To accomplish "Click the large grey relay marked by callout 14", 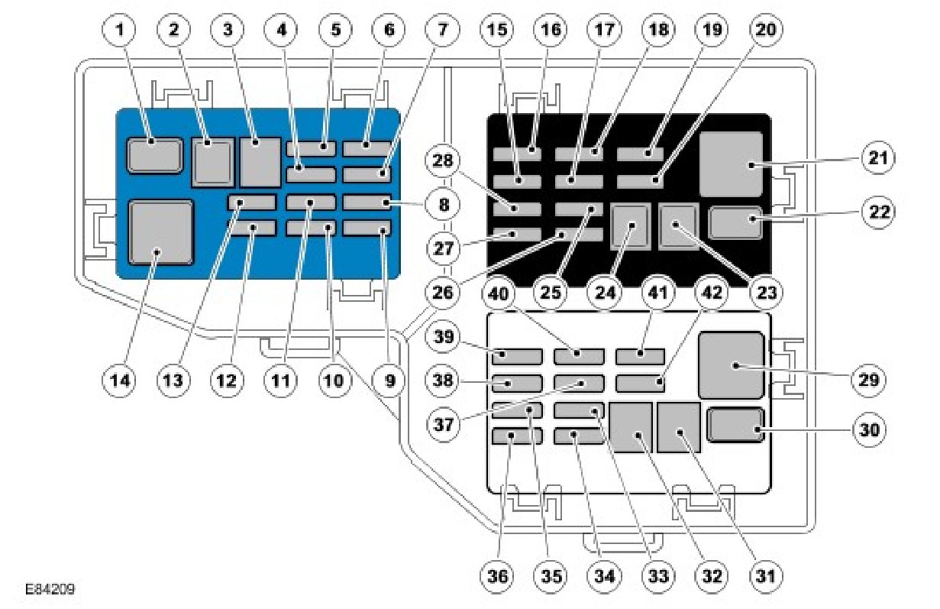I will (x=160, y=232).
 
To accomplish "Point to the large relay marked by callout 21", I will (x=732, y=164).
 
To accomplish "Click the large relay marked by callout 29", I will (x=731, y=365).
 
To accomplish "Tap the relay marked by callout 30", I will (x=736, y=426).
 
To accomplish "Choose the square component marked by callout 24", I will (x=632, y=227).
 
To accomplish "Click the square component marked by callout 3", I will (x=260, y=162).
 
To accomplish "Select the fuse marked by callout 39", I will (x=518, y=355).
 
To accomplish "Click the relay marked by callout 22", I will (x=736, y=222).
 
